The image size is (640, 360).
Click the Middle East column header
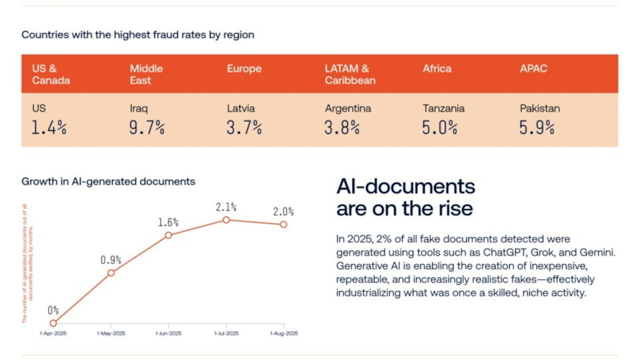pos(146,74)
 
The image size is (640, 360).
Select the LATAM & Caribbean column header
pos(350,74)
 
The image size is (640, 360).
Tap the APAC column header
pos(533,69)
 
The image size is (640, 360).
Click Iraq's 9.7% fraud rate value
pos(147,127)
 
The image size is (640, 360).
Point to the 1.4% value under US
pos(49,127)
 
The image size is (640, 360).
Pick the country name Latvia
pos(241,108)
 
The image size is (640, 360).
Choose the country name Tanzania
pos(443,108)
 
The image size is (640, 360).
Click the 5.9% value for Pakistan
pos(537,127)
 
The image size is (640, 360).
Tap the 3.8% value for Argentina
pos(342,127)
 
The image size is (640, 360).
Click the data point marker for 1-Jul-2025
pos(226,220)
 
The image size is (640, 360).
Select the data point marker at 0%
pos(53,323)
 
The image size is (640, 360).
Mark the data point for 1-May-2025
pos(111,272)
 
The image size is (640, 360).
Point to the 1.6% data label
pos(168,222)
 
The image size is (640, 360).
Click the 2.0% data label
pos(283,211)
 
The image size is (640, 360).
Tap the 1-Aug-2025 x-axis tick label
pos(284,333)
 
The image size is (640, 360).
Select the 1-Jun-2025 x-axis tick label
pos(168,333)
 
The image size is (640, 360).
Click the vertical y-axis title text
pos(27,264)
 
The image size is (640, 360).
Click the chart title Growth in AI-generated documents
pos(108,182)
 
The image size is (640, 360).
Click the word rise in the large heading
pos(455,208)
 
